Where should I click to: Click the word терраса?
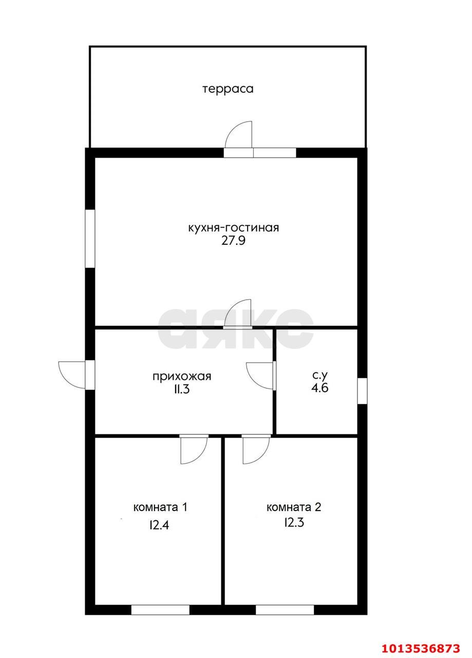228,88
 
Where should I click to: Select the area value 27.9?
234,241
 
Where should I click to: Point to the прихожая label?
182,376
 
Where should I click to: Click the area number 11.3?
182,390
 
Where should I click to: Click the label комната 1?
160,507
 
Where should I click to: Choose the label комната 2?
294,507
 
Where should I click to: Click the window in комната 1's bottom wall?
160,610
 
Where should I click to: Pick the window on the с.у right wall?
362,390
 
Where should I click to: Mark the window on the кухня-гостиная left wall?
90,239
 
